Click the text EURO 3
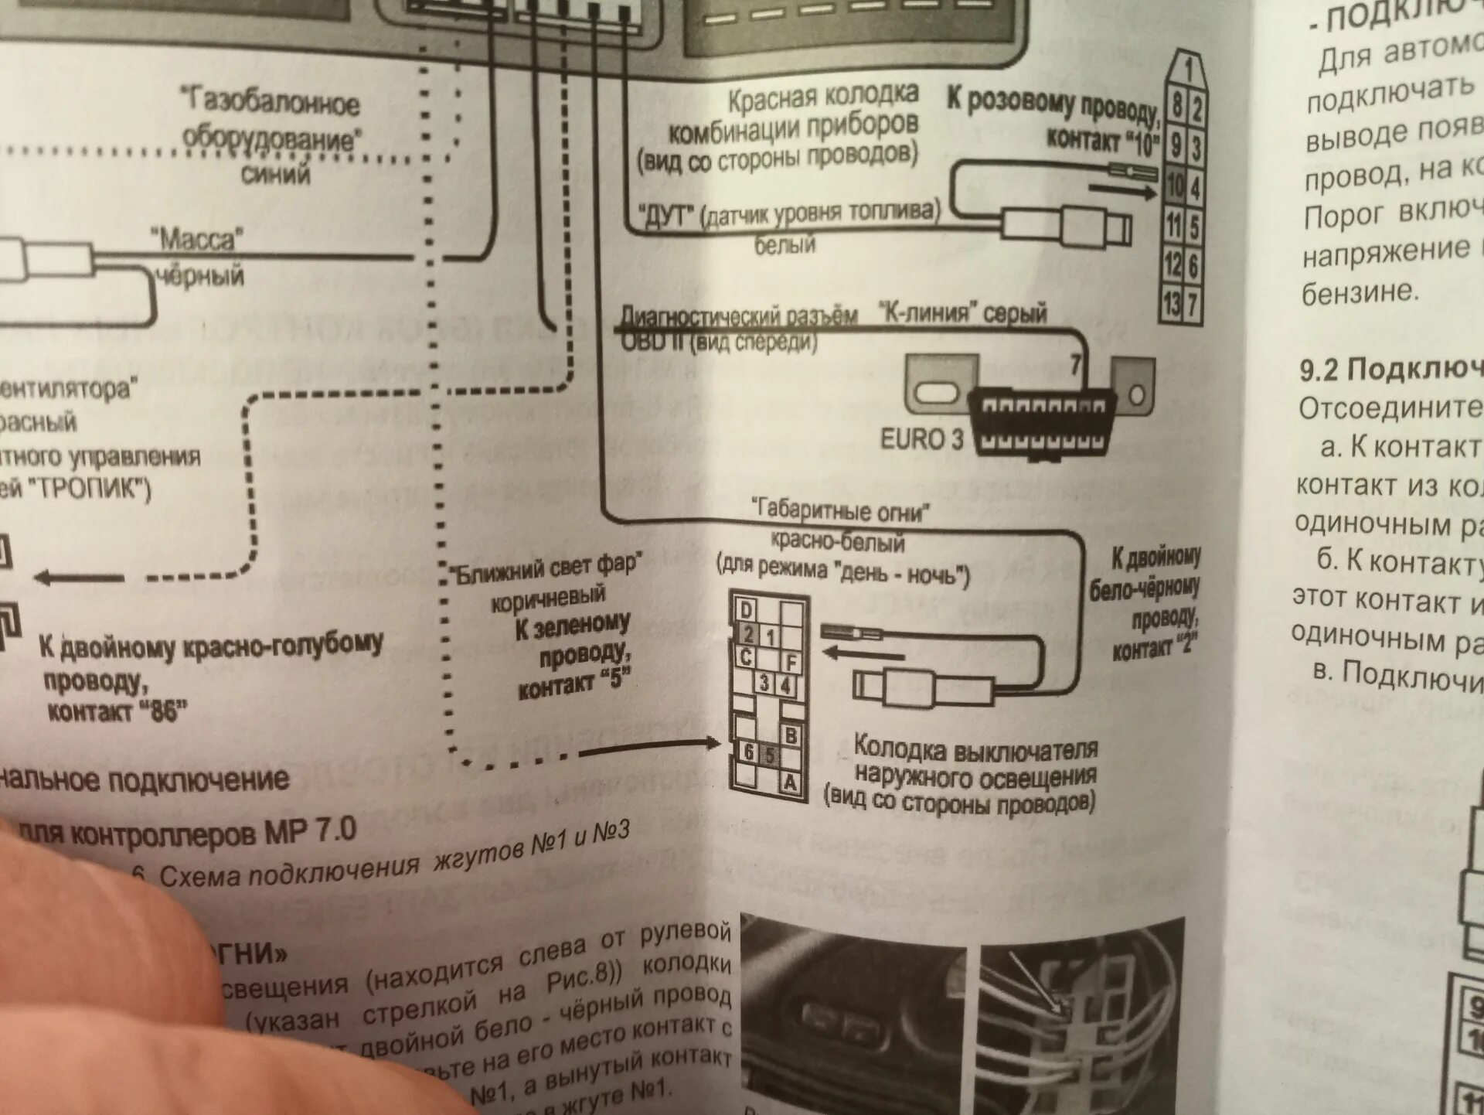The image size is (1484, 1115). (921, 439)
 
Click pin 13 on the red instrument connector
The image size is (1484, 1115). (1173, 303)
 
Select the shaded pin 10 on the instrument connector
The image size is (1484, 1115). (1175, 186)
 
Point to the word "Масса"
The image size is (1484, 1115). (196, 239)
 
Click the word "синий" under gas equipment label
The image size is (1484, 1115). (275, 173)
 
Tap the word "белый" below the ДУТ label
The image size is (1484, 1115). (785, 245)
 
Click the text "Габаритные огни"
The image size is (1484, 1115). (841, 510)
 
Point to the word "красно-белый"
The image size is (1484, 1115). (838, 541)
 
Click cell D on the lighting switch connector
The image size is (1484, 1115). (746, 610)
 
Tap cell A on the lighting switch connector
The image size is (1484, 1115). (790, 783)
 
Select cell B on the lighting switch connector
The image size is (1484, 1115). (791, 735)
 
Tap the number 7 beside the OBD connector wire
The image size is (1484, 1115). (1075, 363)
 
